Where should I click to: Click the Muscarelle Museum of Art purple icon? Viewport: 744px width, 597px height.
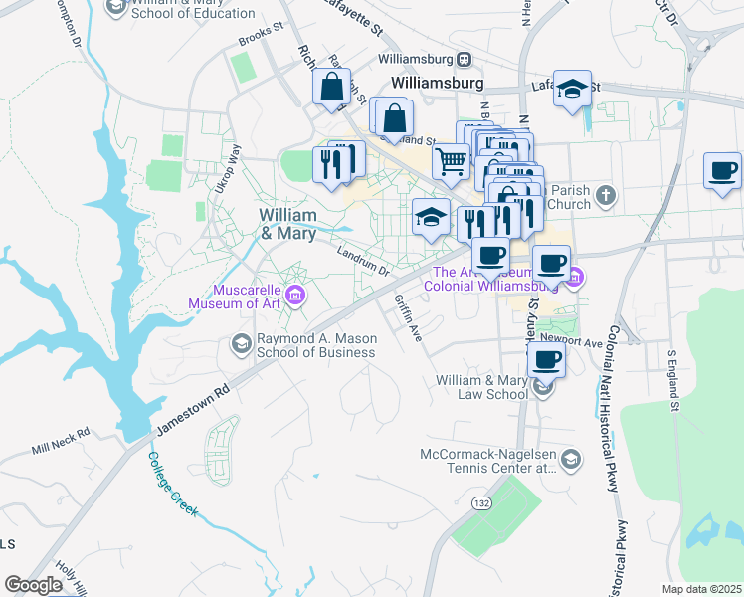click(294, 295)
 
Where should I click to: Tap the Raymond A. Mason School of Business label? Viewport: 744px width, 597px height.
click(317, 345)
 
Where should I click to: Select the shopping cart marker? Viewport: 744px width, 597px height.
click(451, 160)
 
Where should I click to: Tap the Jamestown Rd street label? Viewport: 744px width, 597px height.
click(190, 409)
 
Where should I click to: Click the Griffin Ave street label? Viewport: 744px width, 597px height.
click(408, 318)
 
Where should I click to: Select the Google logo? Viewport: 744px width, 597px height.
click(33, 585)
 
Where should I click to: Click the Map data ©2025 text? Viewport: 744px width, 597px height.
click(701, 589)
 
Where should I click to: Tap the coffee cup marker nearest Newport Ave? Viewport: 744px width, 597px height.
click(544, 360)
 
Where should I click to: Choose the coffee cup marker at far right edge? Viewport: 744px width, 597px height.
click(723, 170)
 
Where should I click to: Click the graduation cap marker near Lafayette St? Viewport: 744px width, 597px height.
click(573, 89)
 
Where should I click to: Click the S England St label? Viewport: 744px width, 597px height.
click(672, 379)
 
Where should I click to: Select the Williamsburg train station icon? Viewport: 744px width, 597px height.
click(463, 61)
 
